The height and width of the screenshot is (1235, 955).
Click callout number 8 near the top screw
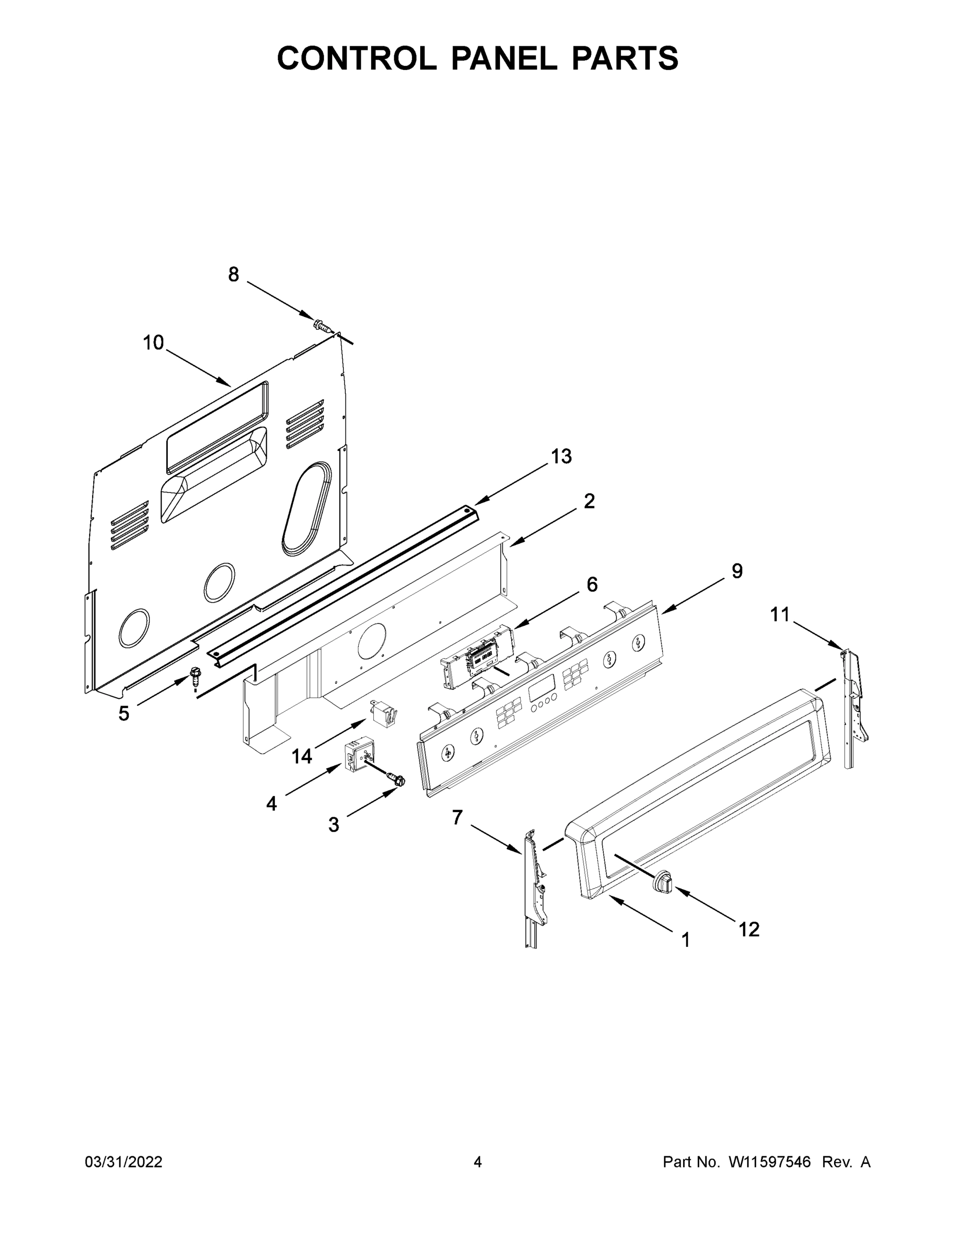tap(233, 275)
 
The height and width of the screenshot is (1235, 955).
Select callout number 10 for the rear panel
tap(153, 343)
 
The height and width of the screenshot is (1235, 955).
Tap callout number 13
tap(561, 456)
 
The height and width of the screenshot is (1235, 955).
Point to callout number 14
tap(302, 756)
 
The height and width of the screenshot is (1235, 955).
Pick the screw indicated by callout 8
tap(321, 326)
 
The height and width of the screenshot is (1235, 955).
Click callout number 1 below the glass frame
tap(686, 940)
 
